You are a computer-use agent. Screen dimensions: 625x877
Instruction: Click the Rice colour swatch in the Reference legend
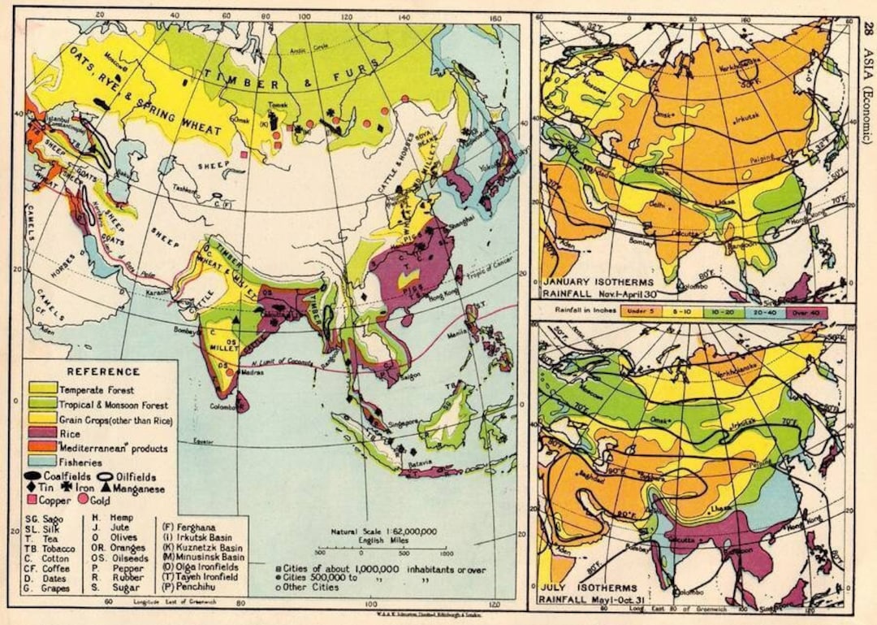[x=44, y=435]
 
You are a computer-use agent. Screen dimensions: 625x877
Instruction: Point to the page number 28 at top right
[x=866, y=31]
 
